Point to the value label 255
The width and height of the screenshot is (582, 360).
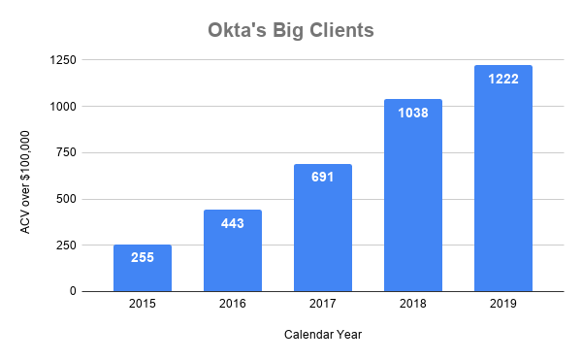pos(143,259)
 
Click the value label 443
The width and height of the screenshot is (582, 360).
pos(233,224)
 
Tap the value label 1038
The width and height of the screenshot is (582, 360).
pos(413,113)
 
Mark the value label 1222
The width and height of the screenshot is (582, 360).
pos(503,79)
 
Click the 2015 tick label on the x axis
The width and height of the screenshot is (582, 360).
pos(143,305)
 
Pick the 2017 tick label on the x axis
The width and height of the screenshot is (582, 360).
pos(323,305)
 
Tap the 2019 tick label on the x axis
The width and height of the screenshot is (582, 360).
pos(503,305)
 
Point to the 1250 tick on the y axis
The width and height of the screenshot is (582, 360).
pos(64,60)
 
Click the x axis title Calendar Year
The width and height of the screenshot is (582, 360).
pos(323,335)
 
